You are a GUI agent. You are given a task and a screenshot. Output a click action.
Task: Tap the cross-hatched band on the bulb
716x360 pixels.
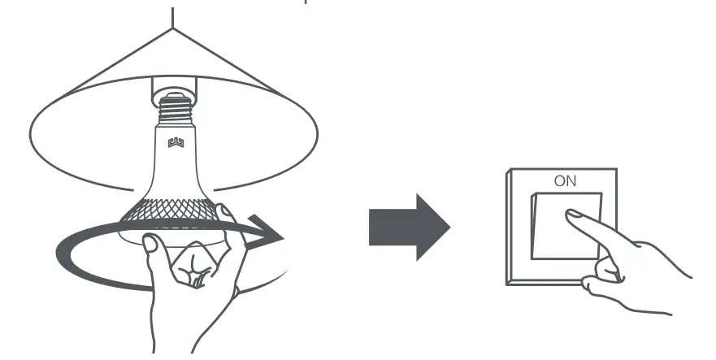(x=171, y=213)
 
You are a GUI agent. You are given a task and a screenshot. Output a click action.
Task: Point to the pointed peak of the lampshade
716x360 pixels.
(x=173, y=29)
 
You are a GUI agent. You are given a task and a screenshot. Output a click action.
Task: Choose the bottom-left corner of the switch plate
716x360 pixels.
(x=507, y=284)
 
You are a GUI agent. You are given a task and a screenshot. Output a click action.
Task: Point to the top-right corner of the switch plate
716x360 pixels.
(x=616, y=169)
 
